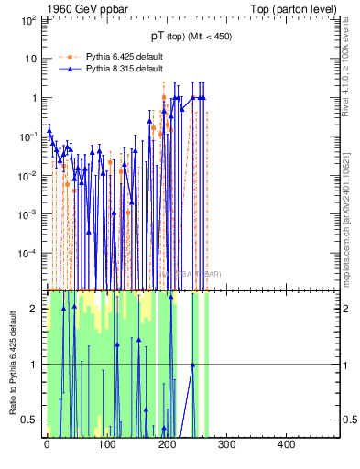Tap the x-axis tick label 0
pos(47,445)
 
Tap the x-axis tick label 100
pos(106,445)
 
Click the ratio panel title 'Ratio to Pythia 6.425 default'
pos(12,364)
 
